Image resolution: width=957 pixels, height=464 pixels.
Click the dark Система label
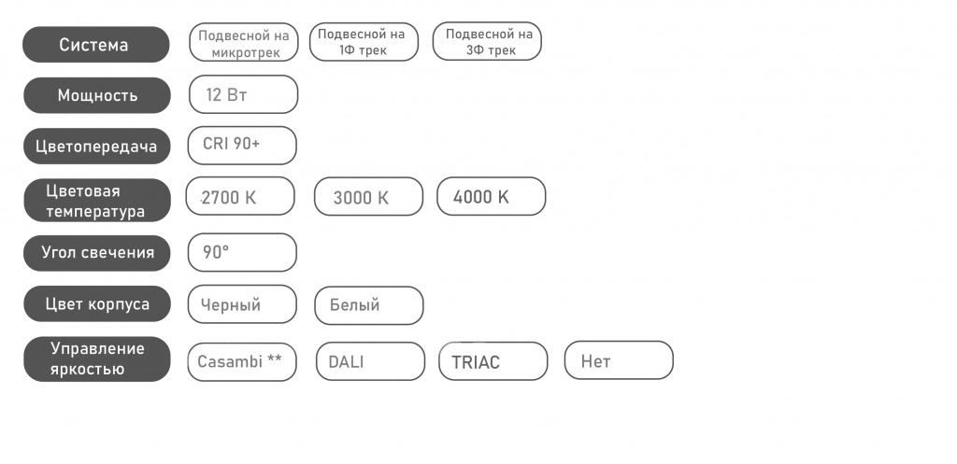coord(96,45)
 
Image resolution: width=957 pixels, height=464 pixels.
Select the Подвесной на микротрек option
coord(244,42)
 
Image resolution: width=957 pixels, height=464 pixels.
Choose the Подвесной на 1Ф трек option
coord(364,41)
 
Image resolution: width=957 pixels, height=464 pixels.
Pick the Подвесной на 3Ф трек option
coord(487,41)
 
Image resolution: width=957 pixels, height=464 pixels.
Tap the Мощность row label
coord(97,95)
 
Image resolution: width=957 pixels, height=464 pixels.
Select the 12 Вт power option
coord(244,94)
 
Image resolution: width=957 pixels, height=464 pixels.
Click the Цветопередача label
coord(96,147)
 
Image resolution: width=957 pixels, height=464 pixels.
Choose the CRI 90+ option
coord(242,145)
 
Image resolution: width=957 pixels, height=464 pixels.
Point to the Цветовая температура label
coord(97,201)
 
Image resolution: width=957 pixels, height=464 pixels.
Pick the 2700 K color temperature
coord(240,196)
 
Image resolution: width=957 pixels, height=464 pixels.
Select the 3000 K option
coord(368,196)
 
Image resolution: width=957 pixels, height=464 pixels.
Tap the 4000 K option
coord(492,196)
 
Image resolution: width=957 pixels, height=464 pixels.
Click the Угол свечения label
coord(97,253)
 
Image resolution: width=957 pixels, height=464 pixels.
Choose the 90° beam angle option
coord(242,252)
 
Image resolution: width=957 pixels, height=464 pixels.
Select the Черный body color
coord(242,304)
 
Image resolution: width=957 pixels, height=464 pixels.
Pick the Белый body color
coord(368,305)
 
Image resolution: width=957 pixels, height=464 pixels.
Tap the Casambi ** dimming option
coord(242,362)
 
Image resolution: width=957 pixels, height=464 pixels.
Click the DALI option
coord(370,361)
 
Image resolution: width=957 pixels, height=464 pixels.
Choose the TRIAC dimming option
coord(493,361)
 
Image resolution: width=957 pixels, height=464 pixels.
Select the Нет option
coord(619,360)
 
